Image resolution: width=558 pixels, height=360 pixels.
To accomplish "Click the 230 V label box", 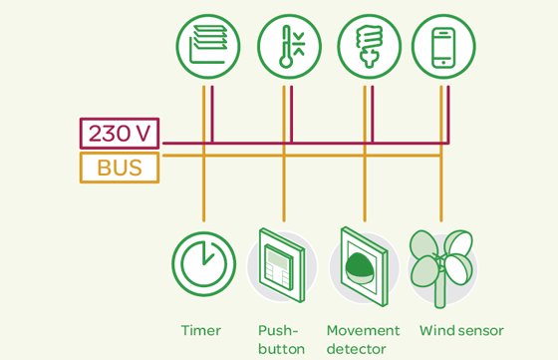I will (120, 134).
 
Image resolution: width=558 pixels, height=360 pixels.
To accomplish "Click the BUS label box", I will (120, 168).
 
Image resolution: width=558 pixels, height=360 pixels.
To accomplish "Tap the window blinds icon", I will (208, 47).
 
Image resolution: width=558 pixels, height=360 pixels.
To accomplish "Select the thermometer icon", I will (289, 47).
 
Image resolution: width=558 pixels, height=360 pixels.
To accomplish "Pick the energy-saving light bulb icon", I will (369, 47).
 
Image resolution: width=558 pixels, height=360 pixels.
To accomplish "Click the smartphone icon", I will (443, 47).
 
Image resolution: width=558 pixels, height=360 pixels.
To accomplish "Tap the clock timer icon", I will (203, 264).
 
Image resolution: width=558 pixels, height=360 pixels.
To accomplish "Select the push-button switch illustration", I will (282, 265).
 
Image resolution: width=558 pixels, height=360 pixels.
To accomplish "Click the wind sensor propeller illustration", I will (441, 264).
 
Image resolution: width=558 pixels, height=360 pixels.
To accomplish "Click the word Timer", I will (200, 330).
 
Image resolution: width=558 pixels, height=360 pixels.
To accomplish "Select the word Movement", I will (363, 330).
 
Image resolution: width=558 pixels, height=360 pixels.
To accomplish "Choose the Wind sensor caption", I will (461, 330).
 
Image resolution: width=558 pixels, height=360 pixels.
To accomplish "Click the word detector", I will (356, 349).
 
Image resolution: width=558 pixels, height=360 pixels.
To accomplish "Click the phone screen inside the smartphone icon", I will (443, 45).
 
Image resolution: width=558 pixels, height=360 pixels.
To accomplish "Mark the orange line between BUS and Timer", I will (203, 189).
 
